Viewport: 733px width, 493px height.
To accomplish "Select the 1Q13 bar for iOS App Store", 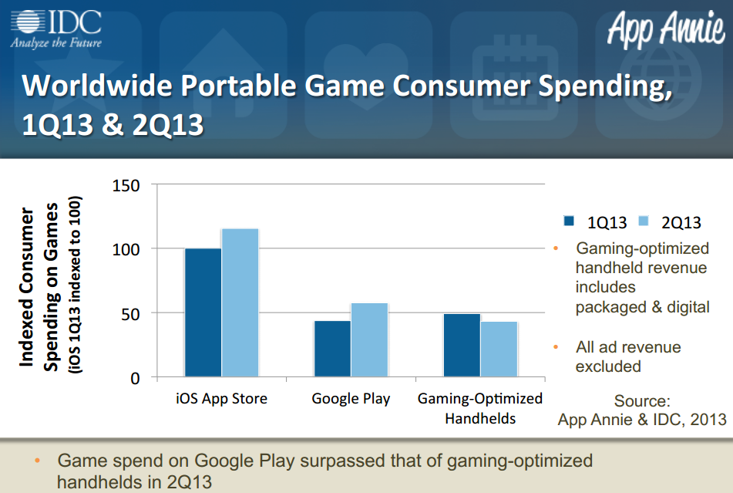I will (203, 312).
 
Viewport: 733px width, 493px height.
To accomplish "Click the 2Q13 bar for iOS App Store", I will (240, 302).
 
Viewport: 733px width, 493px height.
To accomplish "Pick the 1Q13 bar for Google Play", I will (332, 349).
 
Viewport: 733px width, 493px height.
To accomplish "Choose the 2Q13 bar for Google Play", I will (369, 340).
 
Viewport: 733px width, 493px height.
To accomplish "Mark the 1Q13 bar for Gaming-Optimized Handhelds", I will (462, 346).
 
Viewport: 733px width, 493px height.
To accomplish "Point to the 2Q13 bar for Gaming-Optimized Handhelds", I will (499, 349).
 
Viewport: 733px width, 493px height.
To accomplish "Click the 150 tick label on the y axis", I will (126, 185).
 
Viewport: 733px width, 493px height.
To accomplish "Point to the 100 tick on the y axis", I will (126, 249).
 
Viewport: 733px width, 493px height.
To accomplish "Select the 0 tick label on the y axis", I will (135, 378).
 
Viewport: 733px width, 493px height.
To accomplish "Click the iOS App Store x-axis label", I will (221, 399).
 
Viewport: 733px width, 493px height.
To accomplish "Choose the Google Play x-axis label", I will (351, 399).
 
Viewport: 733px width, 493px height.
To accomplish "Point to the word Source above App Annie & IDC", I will (642, 401).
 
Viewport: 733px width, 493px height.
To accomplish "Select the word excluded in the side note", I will (608, 366).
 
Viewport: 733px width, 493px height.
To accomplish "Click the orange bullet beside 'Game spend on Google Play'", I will (38, 461).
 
